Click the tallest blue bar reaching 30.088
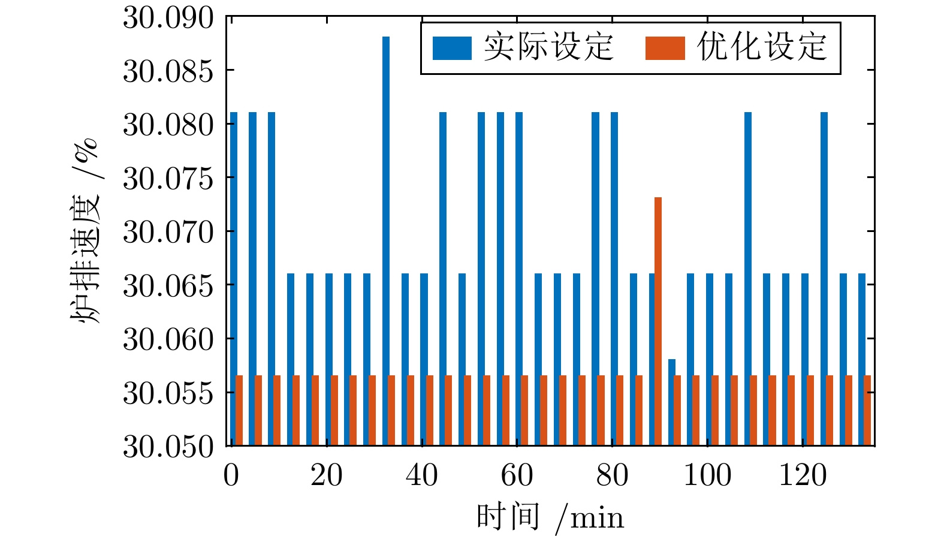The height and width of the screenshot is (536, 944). pyautogui.click(x=386, y=240)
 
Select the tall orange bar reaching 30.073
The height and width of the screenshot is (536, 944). pyautogui.click(x=658, y=321)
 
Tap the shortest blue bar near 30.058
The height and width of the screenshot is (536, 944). pyautogui.click(x=672, y=402)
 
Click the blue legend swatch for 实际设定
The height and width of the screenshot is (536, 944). pyautogui.click(x=452, y=49)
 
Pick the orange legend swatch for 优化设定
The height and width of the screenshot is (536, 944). pyautogui.click(x=665, y=49)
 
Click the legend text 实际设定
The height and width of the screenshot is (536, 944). pyautogui.click(x=548, y=47)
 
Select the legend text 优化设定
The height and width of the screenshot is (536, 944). pyautogui.click(x=762, y=47)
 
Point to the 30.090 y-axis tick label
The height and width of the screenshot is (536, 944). pyautogui.click(x=168, y=18)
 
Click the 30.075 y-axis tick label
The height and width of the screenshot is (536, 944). pyautogui.click(x=168, y=179)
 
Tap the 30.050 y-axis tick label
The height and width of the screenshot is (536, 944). pyautogui.click(x=168, y=447)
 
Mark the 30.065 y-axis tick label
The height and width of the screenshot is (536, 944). pyautogui.click(x=168, y=286)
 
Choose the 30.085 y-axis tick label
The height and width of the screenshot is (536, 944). pyautogui.click(x=168, y=71)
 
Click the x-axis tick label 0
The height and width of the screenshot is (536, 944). pyautogui.click(x=231, y=475)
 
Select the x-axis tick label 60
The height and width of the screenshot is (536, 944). pyautogui.click(x=517, y=475)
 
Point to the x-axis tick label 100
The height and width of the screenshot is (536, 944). pyautogui.click(x=707, y=475)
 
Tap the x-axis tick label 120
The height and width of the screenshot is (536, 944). pyautogui.click(x=803, y=475)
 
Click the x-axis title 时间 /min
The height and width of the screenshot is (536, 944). pyautogui.click(x=550, y=517)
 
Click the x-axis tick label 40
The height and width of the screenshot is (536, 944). pyautogui.click(x=421, y=475)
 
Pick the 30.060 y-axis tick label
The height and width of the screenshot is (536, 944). pyautogui.click(x=168, y=339)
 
